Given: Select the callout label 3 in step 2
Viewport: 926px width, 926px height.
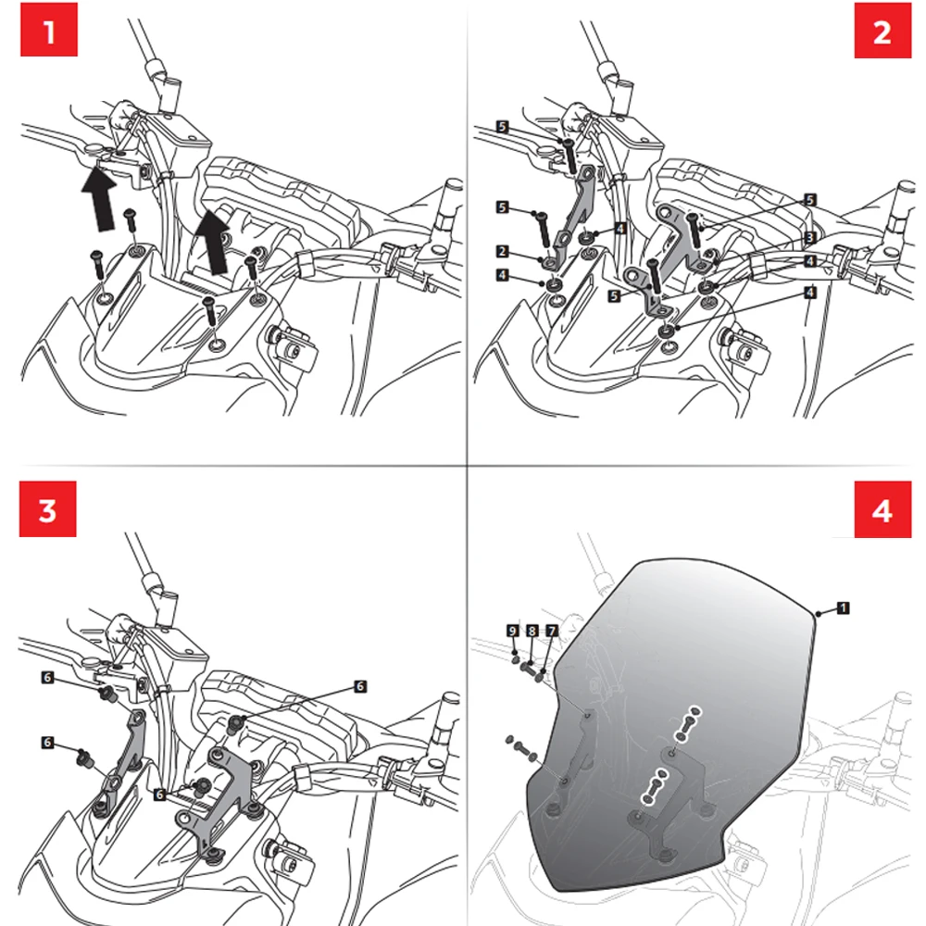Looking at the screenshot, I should [x=809, y=238].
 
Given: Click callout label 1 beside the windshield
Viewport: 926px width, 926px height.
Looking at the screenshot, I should [x=843, y=607].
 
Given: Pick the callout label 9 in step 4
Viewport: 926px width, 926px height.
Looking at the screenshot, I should [x=511, y=631].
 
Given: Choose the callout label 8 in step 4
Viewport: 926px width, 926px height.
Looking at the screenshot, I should [x=532, y=631].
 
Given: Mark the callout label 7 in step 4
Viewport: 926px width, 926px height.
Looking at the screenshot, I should [x=551, y=631].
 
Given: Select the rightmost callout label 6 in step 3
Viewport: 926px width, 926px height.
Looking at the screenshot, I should [x=360, y=686].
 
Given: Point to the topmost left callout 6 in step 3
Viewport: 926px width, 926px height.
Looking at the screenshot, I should [x=47, y=678].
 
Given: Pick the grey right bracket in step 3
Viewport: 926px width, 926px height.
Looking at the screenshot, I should [x=222, y=787].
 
